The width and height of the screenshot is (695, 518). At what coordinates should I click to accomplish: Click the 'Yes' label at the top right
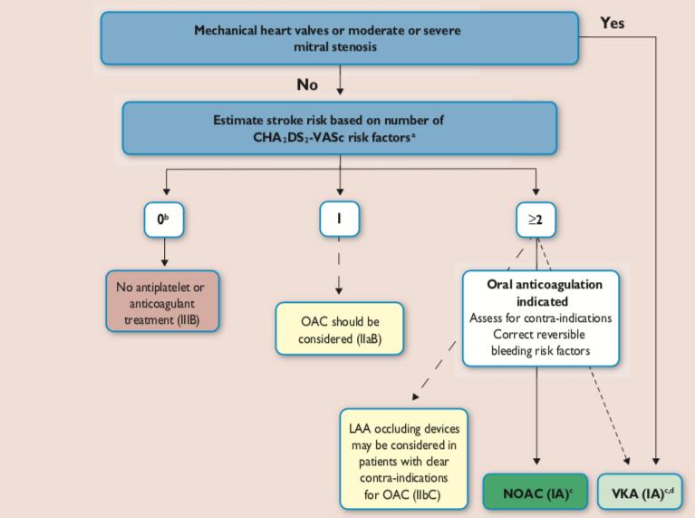click(613, 23)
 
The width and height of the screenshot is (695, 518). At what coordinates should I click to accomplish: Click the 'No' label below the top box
click(307, 84)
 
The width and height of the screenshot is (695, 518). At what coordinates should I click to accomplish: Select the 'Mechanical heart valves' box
click(340, 39)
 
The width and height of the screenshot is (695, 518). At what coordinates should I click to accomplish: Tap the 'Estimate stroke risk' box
click(340, 128)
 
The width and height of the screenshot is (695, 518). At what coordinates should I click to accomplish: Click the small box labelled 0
click(164, 220)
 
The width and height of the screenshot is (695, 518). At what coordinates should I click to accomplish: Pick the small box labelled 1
click(340, 219)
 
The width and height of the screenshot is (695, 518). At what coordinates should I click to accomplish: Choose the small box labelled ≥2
click(536, 220)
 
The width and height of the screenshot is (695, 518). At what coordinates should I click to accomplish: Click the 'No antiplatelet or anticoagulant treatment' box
click(162, 301)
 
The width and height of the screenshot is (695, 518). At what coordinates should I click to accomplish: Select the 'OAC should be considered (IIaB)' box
click(340, 329)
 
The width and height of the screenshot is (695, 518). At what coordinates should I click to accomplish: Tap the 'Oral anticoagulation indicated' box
click(541, 318)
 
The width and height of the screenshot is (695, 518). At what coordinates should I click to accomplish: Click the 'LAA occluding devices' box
click(404, 459)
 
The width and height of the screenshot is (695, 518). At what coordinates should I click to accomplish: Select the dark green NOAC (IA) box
click(536, 491)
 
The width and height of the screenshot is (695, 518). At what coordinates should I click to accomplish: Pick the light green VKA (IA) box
click(640, 491)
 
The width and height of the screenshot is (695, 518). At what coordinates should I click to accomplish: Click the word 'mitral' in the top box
click(307, 46)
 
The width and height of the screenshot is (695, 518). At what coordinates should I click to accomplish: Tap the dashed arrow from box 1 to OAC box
click(339, 266)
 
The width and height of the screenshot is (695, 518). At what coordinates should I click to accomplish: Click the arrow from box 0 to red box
click(164, 251)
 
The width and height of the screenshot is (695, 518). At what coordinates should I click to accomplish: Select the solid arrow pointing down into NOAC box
click(536, 415)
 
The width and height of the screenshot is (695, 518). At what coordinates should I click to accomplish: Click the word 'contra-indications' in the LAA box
click(404, 478)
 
